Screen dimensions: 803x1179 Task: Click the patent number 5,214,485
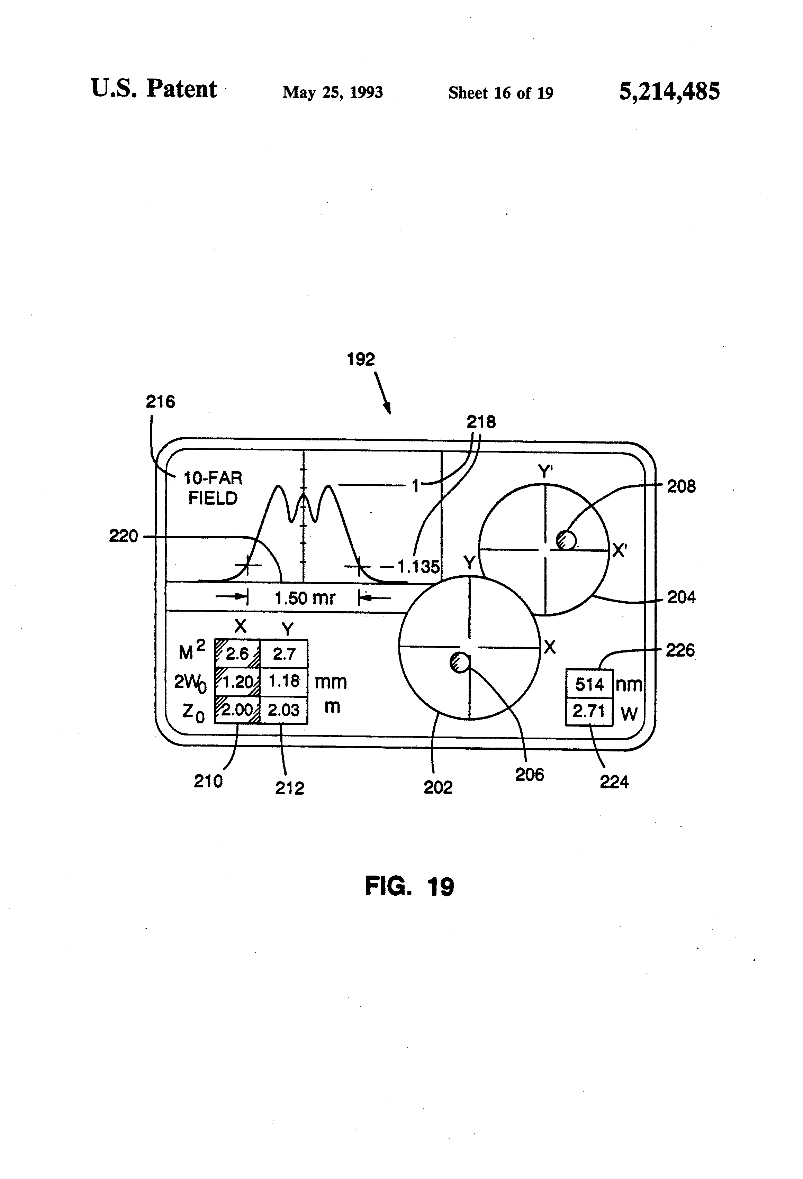tap(669, 92)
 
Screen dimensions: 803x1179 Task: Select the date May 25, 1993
tap(333, 92)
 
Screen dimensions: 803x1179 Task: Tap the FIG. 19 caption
tap(409, 886)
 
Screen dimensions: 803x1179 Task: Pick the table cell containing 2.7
tap(284, 654)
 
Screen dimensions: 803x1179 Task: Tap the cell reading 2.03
tap(284, 709)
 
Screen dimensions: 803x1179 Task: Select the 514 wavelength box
tap(589, 684)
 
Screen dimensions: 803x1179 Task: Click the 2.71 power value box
tap(589, 712)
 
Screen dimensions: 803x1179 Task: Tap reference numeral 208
tap(681, 486)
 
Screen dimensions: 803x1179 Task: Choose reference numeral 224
tap(614, 782)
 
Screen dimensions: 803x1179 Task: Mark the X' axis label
tap(619, 550)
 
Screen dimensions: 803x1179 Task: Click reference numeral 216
tap(160, 401)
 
